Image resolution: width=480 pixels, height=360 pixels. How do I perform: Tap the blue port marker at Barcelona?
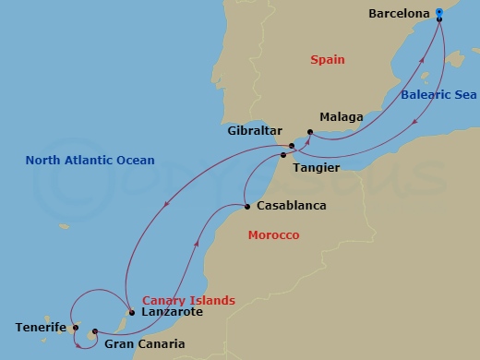tap(439, 14)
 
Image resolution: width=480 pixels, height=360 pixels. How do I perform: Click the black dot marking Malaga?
tap(310, 132)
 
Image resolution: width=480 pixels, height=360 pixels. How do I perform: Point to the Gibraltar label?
tap(254, 131)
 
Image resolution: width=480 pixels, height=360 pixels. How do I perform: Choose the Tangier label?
tap(317, 168)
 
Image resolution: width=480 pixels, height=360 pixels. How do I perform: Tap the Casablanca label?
tap(293, 205)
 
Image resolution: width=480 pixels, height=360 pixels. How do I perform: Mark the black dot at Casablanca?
tap(246, 206)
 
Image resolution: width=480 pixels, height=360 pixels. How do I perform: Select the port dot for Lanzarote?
tap(131, 311)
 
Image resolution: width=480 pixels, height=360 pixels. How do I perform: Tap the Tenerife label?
tap(41, 327)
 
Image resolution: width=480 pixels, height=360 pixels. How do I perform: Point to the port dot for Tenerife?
tap(75, 326)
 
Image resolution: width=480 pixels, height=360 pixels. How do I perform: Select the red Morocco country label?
tap(273, 235)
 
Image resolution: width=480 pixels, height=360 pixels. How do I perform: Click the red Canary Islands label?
tap(188, 300)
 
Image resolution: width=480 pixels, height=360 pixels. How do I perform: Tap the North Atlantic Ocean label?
tap(90, 160)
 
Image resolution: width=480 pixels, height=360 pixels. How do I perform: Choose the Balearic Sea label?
tap(438, 95)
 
